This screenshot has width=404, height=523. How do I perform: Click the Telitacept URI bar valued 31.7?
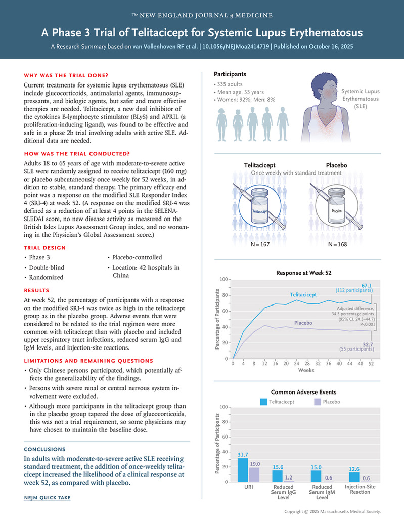pos(243,470)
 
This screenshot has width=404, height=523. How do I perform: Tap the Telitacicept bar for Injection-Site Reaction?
pos(354,477)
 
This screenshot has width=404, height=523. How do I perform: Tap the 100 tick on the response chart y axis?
pos(223,279)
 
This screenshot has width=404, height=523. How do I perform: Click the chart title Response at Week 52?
pos(303,273)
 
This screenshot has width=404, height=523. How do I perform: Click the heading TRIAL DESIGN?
pos(44,248)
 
